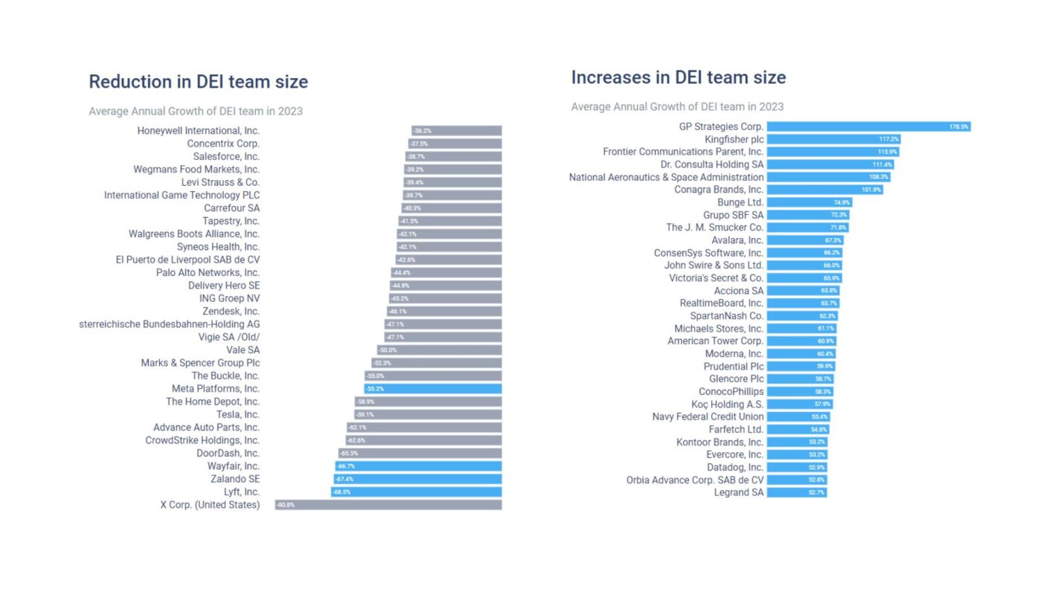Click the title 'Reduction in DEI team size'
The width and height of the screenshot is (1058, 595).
198,82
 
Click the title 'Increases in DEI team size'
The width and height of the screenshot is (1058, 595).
678,77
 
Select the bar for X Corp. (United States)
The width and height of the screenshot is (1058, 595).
388,505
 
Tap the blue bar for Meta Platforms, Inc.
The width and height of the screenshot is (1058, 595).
432,389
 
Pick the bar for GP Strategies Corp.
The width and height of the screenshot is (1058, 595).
868,127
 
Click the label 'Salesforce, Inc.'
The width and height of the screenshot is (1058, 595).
226,157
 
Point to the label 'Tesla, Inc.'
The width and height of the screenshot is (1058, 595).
237,415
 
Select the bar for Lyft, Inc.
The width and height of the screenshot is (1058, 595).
416,492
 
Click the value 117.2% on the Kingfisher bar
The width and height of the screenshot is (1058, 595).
888,139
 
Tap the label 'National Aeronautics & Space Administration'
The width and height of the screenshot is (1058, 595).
666,177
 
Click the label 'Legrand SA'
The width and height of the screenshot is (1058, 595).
738,492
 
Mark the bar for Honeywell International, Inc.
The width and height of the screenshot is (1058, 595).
456,131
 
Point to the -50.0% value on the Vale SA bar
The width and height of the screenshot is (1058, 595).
387,350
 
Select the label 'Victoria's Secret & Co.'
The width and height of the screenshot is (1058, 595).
716,278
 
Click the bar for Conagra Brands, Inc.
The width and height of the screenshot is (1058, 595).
824,190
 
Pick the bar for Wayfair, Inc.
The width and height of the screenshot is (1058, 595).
417,466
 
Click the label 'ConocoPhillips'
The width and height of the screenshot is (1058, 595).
731,392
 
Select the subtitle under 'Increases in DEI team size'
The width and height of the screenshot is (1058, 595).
677,107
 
